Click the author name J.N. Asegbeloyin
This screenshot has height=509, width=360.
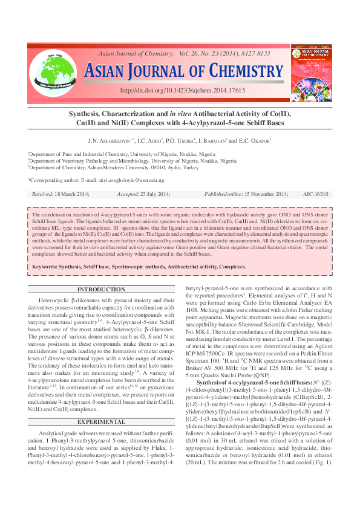(x=113, y=141)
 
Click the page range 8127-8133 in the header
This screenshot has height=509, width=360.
(x=255, y=54)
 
